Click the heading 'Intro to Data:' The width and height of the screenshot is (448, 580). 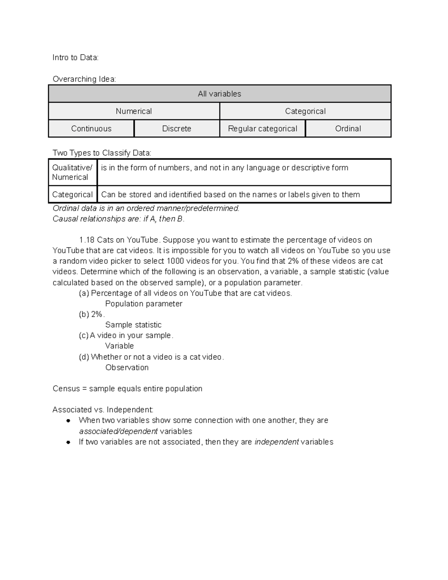pos(75,58)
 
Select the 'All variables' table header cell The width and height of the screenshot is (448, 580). pos(220,94)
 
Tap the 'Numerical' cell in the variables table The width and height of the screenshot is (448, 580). pos(134,111)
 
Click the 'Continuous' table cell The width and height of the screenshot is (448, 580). pos(91,128)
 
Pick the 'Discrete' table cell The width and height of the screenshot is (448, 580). pos(177,128)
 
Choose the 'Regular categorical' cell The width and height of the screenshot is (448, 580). pos(262,128)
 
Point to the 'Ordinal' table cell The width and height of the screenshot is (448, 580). pos(348,128)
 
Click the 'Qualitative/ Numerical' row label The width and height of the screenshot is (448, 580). pos(72,172)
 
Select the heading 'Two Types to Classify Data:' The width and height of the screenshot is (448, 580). pos(102,153)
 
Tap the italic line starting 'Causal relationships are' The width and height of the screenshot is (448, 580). pos(118,219)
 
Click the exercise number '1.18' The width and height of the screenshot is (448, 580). pos(87,240)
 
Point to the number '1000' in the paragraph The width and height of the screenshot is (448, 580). pos(176,261)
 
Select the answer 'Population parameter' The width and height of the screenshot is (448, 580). pos(144,304)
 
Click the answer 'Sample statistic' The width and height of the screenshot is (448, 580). pos(133,325)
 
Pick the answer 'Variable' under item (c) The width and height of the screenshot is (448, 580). pos(119,346)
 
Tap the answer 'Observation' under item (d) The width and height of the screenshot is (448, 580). pos(127,367)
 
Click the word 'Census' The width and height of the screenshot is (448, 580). pos(66,388)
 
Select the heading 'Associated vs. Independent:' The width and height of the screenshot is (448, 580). pos(103,410)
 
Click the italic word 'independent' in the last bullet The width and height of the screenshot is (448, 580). pos(276,442)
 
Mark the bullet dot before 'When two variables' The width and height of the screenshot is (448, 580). pos(68,421)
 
